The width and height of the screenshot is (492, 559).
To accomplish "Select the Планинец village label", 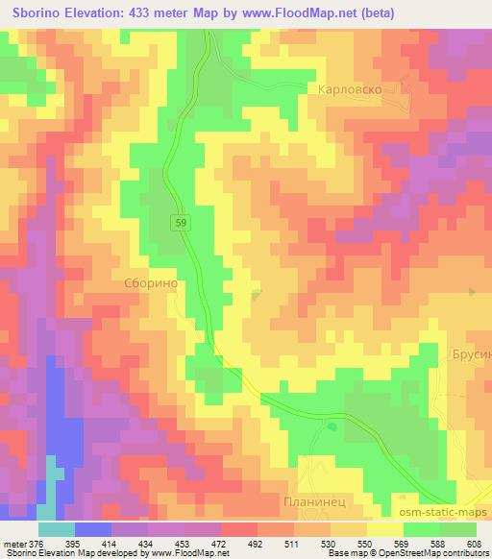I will tap(330, 502).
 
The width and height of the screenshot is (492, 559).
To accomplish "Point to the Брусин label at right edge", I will tap(470, 354).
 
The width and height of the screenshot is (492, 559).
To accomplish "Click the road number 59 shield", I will tap(181, 223).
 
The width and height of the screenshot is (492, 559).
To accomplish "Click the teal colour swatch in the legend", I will tap(56, 528).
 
